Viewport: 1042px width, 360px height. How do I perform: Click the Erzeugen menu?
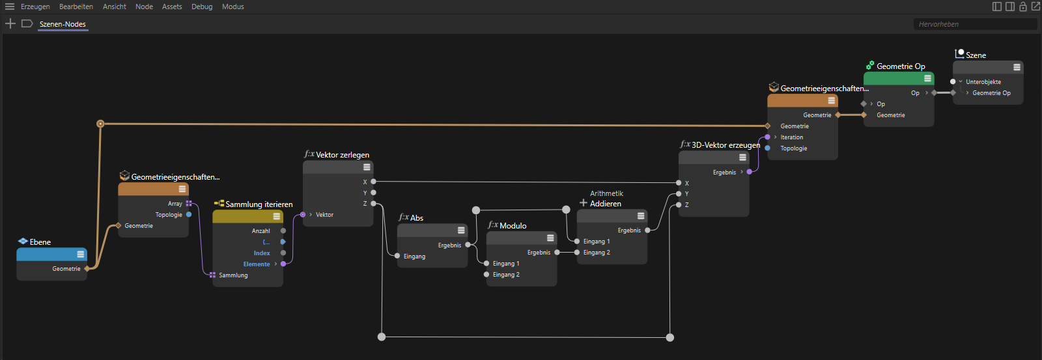pos(35,7)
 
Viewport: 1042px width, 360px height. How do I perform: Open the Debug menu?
pos(202,7)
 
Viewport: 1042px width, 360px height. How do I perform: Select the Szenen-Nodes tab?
pos(63,24)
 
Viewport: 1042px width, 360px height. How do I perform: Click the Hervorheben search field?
pos(974,24)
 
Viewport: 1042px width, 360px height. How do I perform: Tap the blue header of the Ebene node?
pos(51,255)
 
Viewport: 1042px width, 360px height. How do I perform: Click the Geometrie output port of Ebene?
pos(87,269)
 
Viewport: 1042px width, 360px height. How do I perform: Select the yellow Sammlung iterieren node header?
pos(248,216)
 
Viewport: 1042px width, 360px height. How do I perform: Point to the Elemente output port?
pos(283,264)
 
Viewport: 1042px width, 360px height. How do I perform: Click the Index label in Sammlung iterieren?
pos(262,253)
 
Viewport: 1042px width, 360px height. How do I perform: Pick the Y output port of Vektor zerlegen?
pos(374,193)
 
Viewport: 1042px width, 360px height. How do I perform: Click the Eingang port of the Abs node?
pos(397,256)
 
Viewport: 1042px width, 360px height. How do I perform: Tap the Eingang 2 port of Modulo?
pos(486,275)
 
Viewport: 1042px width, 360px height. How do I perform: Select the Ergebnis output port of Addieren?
pos(647,230)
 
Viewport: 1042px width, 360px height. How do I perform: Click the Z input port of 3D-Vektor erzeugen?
pos(679,205)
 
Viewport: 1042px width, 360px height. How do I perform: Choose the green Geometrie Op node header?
pos(899,79)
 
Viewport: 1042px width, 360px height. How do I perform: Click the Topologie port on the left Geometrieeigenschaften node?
pos(189,214)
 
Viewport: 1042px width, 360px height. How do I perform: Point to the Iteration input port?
pos(767,137)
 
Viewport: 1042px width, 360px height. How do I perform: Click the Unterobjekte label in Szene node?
pos(983,82)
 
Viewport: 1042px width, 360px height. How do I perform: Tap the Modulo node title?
pos(513,226)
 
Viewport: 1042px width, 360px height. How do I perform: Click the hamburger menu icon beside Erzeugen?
pos(10,7)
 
